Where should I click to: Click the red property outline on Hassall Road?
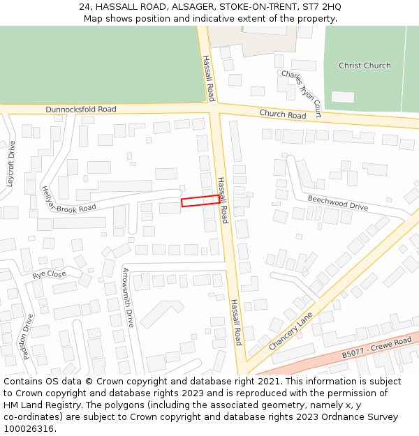(200, 201)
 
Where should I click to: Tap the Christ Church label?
(365, 66)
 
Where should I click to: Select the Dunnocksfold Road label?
(81, 110)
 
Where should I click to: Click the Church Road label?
(283, 114)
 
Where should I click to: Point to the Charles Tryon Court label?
(301, 93)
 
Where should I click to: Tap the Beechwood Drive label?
(338, 202)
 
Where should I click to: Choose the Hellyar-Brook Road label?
(68, 200)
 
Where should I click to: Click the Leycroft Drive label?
(10, 163)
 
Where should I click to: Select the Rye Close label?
(50, 275)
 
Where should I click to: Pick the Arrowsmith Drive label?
(128, 297)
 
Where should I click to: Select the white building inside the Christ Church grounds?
(342, 96)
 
